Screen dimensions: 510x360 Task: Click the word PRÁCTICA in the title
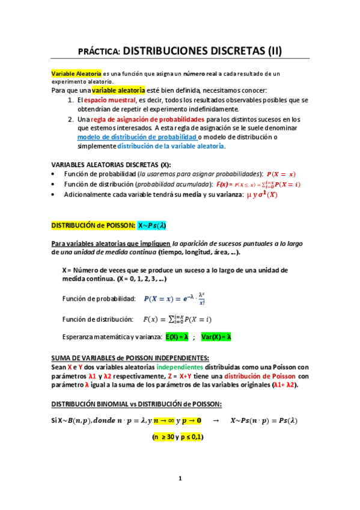(100, 52)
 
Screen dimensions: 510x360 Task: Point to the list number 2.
(71, 119)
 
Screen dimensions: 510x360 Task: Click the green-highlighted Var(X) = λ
(217, 337)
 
